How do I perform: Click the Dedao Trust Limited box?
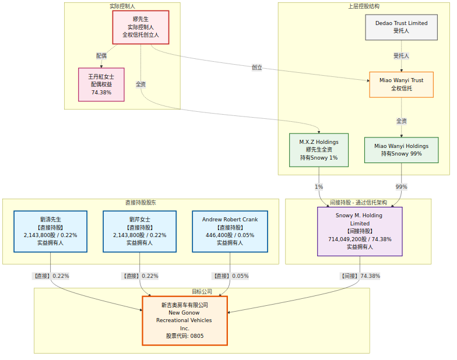(x=401, y=27)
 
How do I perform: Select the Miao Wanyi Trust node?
(x=401, y=84)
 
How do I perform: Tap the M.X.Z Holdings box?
(x=319, y=150)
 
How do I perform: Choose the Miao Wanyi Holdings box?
(x=401, y=150)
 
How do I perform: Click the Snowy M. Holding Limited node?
(x=360, y=231)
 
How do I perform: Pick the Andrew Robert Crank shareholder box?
(x=230, y=231)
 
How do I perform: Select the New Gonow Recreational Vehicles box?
(x=185, y=320)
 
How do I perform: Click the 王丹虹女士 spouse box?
(x=101, y=84)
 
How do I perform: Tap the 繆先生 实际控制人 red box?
(x=140, y=27)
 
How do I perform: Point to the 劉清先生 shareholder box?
(x=50, y=231)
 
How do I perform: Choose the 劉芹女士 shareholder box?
(x=140, y=231)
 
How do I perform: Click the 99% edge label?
(x=401, y=187)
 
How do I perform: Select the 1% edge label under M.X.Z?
(x=319, y=187)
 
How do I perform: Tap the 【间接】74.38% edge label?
(x=360, y=276)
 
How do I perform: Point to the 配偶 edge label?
(x=101, y=56)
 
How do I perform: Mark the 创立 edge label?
(x=257, y=68)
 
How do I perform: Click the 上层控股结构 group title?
(x=363, y=6)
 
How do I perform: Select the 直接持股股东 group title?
(x=140, y=203)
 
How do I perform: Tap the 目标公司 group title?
(x=202, y=291)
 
